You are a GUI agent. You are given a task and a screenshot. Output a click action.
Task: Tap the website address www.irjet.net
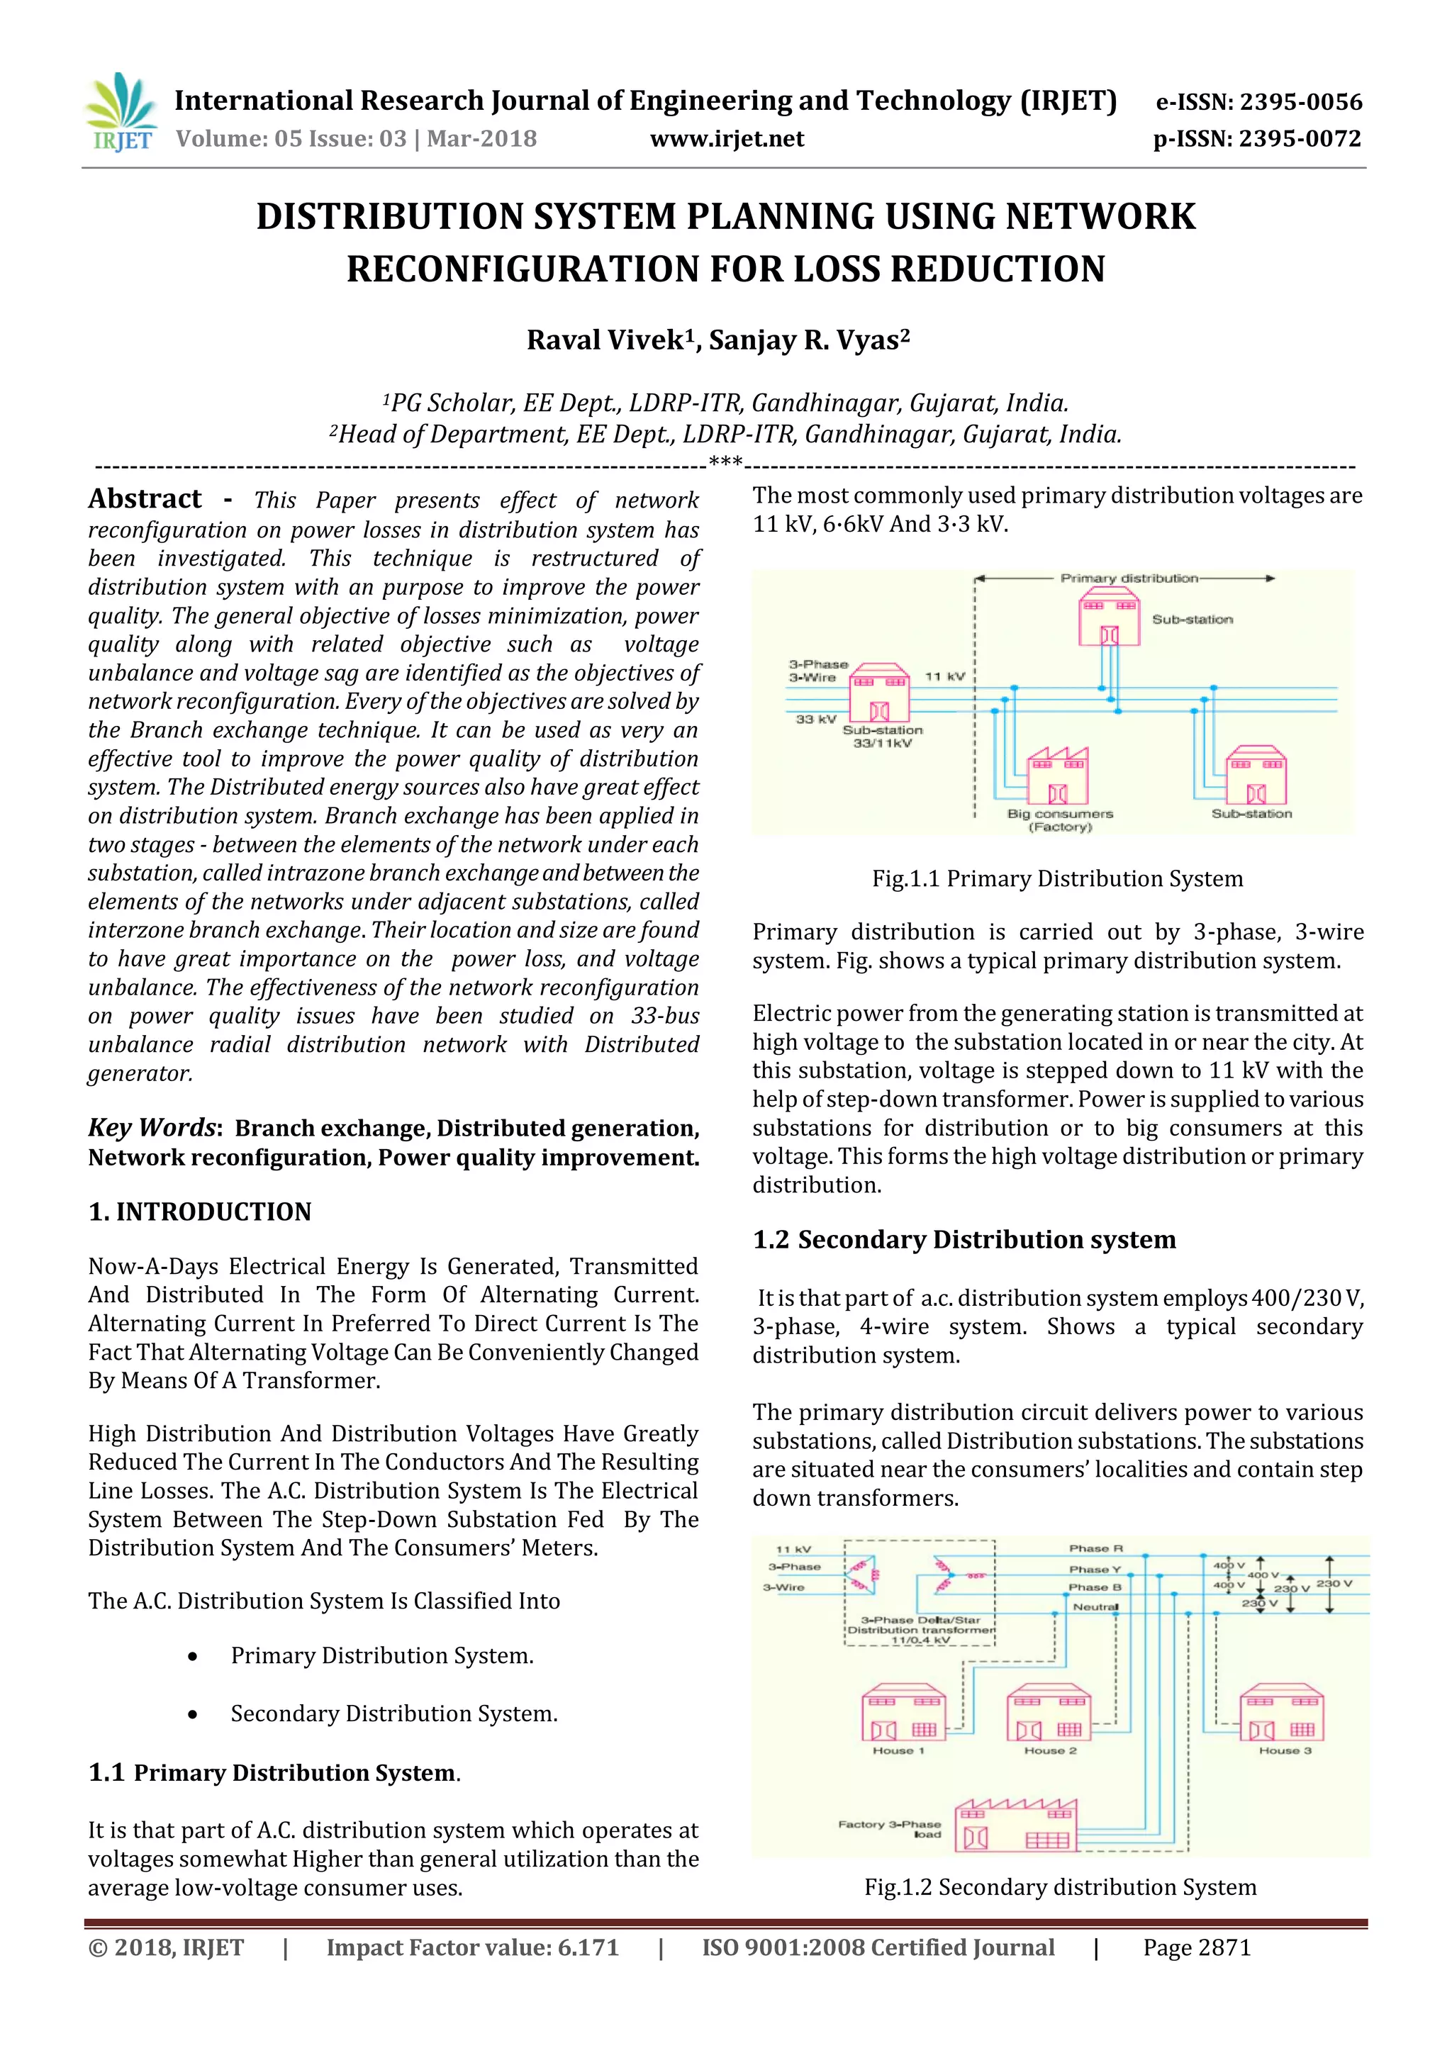click(726, 139)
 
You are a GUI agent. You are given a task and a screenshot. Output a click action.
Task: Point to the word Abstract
click(145, 499)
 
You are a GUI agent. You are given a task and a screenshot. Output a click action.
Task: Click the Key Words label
click(152, 1128)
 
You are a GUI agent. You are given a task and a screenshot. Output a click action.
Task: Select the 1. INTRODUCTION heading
click(199, 1212)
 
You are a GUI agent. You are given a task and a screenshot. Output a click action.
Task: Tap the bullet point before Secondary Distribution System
click(192, 1715)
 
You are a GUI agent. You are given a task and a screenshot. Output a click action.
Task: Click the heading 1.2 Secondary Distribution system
click(964, 1239)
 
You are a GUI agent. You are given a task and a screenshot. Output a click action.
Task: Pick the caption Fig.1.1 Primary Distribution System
click(1057, 878)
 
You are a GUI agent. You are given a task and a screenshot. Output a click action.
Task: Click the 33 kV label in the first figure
click(815, 719)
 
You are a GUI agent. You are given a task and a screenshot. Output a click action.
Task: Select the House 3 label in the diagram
click(1284, 1751)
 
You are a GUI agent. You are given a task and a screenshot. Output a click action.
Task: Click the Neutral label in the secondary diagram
click(1095, 1607)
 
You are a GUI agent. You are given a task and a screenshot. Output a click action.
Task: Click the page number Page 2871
click(1196, 1947)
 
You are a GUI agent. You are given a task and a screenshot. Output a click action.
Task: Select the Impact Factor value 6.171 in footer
click(472, 1947)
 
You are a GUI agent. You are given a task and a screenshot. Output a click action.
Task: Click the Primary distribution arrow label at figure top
click(1128, 578)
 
